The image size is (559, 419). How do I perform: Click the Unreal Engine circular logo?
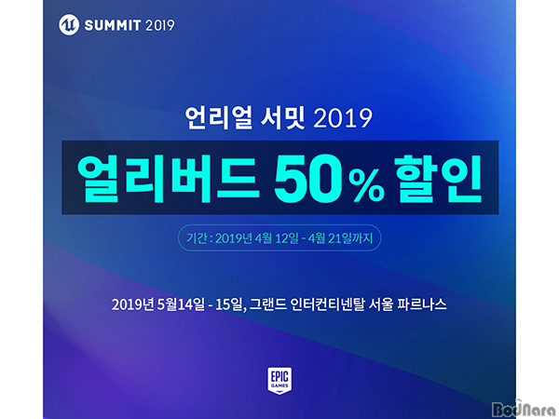pyautogui.click(x=69, y=25)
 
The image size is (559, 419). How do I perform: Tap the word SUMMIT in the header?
pyautogui.click(x=113, y=25)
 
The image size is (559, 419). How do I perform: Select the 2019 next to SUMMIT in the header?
pyautogui.click(x=160, y=25)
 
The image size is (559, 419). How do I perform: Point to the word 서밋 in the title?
pyautogui.click(x=282, y=117)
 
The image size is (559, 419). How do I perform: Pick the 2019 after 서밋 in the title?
pyautogui.click(x=343, y=118)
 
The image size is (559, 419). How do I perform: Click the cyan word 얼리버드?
pyautogui.click(x=168, y=179)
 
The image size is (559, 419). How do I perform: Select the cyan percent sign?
pyautogui.click(x=366, y=188)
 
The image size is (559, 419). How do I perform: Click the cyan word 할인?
pyautogui.click(x=438, y=179)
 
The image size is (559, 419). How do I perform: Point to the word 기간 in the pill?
pyautogui.click(x=197, y=238)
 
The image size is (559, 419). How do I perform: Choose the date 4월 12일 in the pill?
pyautogui.click(x=277, y=238)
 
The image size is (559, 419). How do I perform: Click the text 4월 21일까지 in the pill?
pyautogui.click(x=340, y=238)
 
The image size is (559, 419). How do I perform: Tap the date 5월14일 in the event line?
pyautogui.click(x=181, y=304)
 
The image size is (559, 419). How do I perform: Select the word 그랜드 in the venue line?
pyautogui.click(x=268, y=304)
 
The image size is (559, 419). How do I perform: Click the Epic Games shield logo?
pyautogui.click(x=279, y=381)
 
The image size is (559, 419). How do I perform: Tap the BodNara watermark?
pyautogui.click(x=524, y=409)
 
